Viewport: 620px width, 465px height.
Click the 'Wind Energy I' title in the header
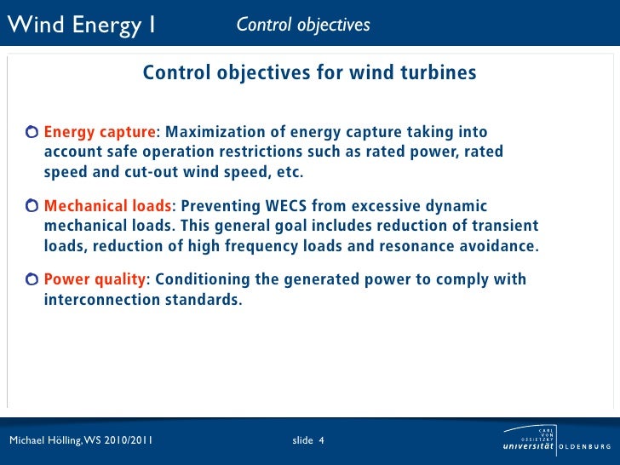click(82, 26)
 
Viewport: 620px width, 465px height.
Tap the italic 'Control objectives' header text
click(303, 26)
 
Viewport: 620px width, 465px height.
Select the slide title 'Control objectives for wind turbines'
click(309, 73)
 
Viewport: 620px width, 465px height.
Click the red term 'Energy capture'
click(100, 132)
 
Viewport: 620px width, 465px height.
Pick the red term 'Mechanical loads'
click(107, 206)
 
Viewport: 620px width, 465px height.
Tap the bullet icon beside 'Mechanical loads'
click(32, 206)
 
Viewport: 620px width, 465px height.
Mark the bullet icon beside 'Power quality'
click(32, 280)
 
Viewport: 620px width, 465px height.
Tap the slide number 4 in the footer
click(321, 440)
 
